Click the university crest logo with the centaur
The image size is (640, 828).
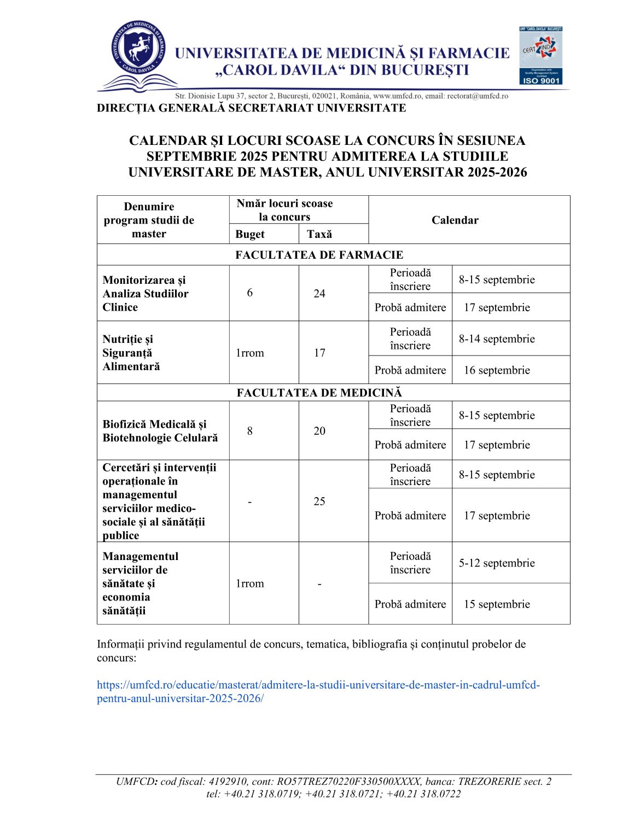pos(138,50)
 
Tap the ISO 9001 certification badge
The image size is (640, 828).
pos(540,56)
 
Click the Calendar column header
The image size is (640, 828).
pos(455,220)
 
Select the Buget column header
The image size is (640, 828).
pos(250,234)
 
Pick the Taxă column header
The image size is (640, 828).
pos(319,234)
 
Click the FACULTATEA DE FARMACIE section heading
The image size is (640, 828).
pos(319,255)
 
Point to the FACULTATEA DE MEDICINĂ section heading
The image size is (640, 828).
pos(319,393)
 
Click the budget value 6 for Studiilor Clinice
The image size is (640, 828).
pos(250,293)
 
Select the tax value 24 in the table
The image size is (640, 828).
pos(319,294)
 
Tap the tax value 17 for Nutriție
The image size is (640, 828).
pos(319,353)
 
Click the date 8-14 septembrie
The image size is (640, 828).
pos(497,339)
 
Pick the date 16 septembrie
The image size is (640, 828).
pos(497,370)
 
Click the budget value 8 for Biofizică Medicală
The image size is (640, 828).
pos(250,431)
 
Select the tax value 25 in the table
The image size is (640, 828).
pos(319,501)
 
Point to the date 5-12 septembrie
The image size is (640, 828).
pos(497,563)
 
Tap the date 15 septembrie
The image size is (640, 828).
pos(497,604)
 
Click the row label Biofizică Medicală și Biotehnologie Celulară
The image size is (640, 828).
pos(160,431)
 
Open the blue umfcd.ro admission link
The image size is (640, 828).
pos(318,691)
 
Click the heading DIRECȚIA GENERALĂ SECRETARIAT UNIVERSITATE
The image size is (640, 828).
pos(251,108)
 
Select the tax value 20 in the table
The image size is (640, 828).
pos(319,431)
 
